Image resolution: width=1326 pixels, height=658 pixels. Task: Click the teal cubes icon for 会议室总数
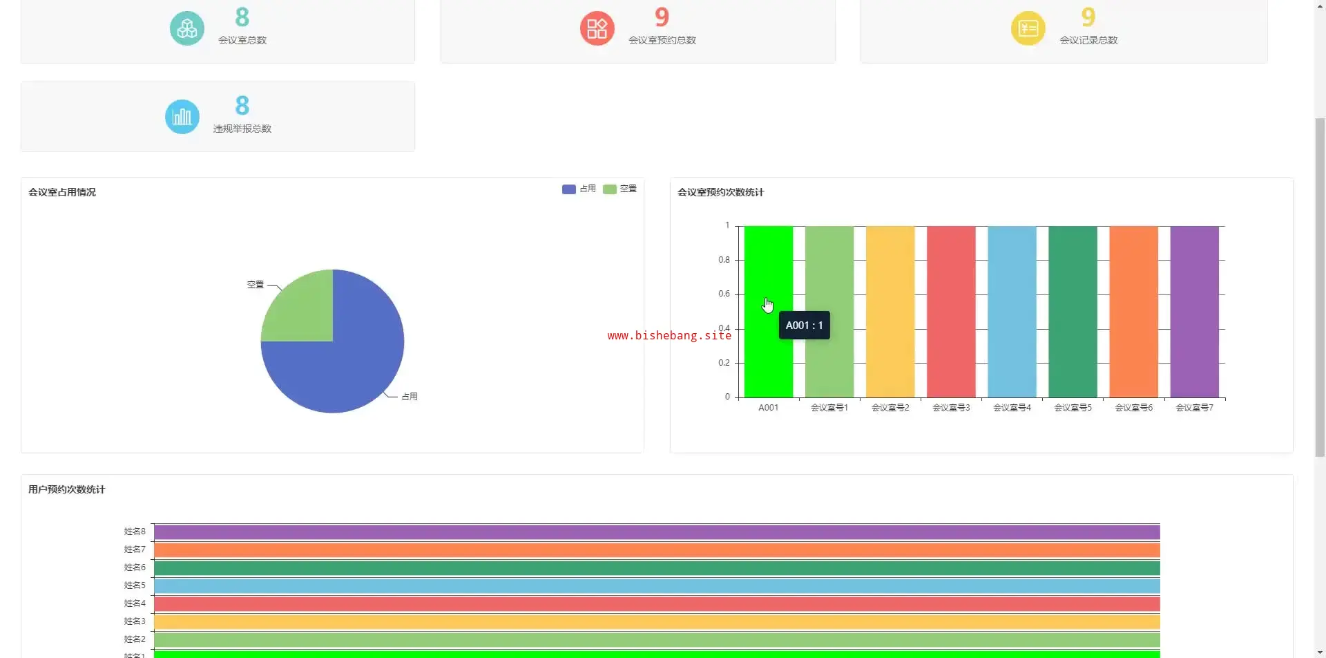(x=186, y=28)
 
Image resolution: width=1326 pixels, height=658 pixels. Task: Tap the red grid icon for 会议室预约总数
(x=597, y=28)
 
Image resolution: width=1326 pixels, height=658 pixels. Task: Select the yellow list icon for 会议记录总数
(x=1028, y=28)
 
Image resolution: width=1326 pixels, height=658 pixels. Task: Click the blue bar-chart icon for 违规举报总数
(x=182, y=117)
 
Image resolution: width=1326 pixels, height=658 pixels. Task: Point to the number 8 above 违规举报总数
(x=242, y=106)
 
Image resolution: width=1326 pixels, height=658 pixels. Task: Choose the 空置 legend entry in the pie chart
(x=619, y=189)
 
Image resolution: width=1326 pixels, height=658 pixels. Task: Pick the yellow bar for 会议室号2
(x=890, y=311)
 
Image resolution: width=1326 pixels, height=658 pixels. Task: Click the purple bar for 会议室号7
(x=1194, y=311)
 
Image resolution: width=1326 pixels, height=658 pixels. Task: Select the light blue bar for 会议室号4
(x=1012, y=311)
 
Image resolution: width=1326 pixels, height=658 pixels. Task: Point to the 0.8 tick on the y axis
(x=724, y=260)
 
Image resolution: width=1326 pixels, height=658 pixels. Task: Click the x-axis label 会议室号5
(x=1073, y=408)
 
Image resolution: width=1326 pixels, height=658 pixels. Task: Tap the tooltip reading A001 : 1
(x=805, y=326)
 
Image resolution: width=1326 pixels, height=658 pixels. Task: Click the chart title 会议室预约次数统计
(x=720, y=192)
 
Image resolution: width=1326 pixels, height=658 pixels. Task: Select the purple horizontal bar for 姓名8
(x=656, y=532)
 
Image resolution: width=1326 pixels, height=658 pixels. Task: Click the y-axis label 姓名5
(x=135, y=585)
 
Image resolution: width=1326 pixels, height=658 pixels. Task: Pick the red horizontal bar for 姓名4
(x=656, y=604)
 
